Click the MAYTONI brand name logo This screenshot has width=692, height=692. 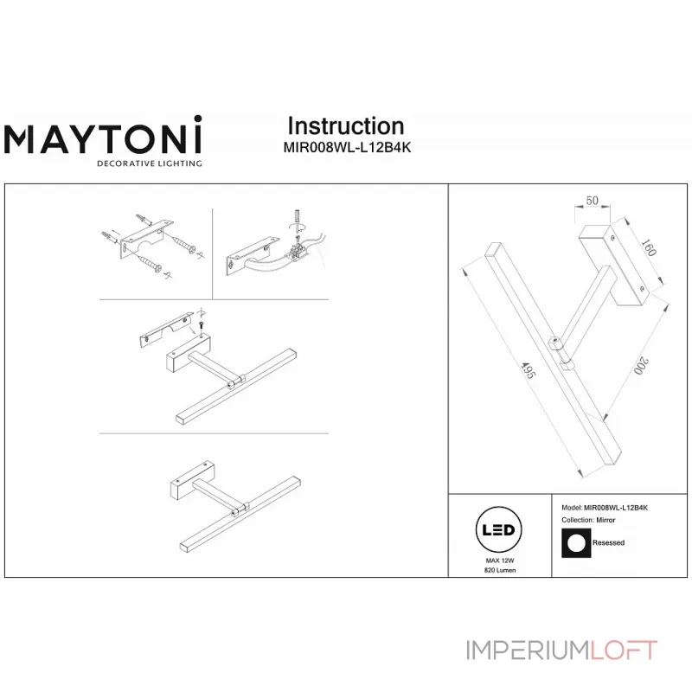click(x=104, y=138)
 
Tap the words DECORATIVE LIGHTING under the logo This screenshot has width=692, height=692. click(x=149, y=163)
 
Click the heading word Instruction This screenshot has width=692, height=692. click(x=345, y=126)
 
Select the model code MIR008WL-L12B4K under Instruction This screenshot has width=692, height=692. click(x=347, y=147)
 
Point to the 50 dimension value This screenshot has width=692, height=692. click(x=593, y=201)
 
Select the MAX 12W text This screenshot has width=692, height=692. click(x=500, y=561)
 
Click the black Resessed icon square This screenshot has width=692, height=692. click(x=575, y=542)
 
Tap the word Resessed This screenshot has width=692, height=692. click(x=610, y=543)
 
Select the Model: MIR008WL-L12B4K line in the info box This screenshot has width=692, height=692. click(x=605, y=508)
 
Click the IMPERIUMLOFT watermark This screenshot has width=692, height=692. click(x=561, y=650)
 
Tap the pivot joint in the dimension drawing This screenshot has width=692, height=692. click(x=557, y=348)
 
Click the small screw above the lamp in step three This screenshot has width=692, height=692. click(x=201, y=324)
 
